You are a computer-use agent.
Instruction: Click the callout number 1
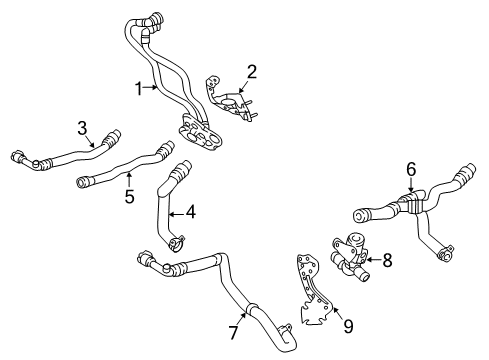point(140,89)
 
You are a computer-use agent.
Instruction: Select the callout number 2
point(252,70)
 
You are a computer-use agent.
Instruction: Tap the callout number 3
point(83,128)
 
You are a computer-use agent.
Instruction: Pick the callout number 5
point(129,197)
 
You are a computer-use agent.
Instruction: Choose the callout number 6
point(409,170)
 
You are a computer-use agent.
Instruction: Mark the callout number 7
point(234,331)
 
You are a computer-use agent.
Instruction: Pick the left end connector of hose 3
point(21,156)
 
